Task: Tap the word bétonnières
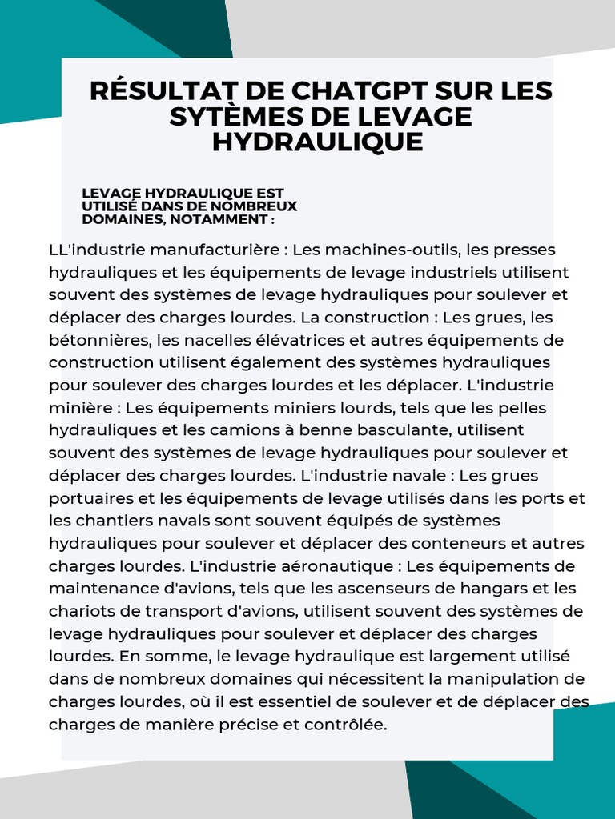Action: [100, 340]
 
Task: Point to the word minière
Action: [78, 408]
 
